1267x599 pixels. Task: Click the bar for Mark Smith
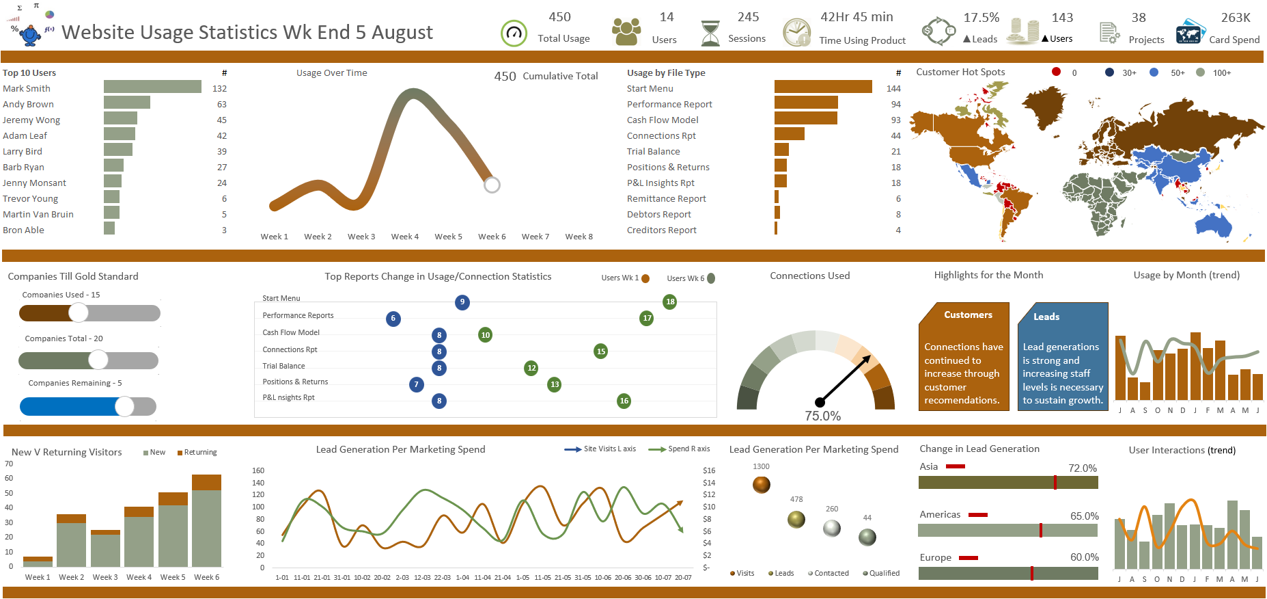pyautogui.click(x=152, y=87)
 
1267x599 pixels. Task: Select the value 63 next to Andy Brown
pyautogui.click(x=221, y=104)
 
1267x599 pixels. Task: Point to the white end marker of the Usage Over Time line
pyautogui.click(x=492, y=185)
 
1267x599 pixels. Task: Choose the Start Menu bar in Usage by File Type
pyautogui.click(x=822, y=87)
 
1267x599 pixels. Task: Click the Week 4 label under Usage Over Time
pyautogui.click(x=404, y=237)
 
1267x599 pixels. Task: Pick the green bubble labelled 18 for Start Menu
pyautogui.click(x=670, y=302)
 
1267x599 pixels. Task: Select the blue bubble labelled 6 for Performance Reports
pyautogui.click(x=393, y=319)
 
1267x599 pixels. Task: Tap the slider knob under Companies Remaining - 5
pyautogui.click(x=124, y=406)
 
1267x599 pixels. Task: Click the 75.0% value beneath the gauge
pyautogui.click(x=822, y=416)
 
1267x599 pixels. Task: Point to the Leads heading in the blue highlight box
pyautogui.click(x=1046, y=317)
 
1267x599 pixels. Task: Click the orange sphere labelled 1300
pyautogui.click(x=761, y=485)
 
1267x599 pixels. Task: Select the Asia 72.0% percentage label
pyautogui.click(x=1082, y=468)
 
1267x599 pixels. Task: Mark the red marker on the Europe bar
pyautogui.click(x=1031, y=573)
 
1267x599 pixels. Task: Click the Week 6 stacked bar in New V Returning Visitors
pyautogui.click(x=206, y=521)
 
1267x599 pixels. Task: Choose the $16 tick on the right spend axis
pyautogui.click(x=709, y=470)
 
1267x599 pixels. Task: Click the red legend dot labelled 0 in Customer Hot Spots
pyautogui.click(x=1056, y=72)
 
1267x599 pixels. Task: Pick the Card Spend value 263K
pyautogui.click(x=1235, y=18)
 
